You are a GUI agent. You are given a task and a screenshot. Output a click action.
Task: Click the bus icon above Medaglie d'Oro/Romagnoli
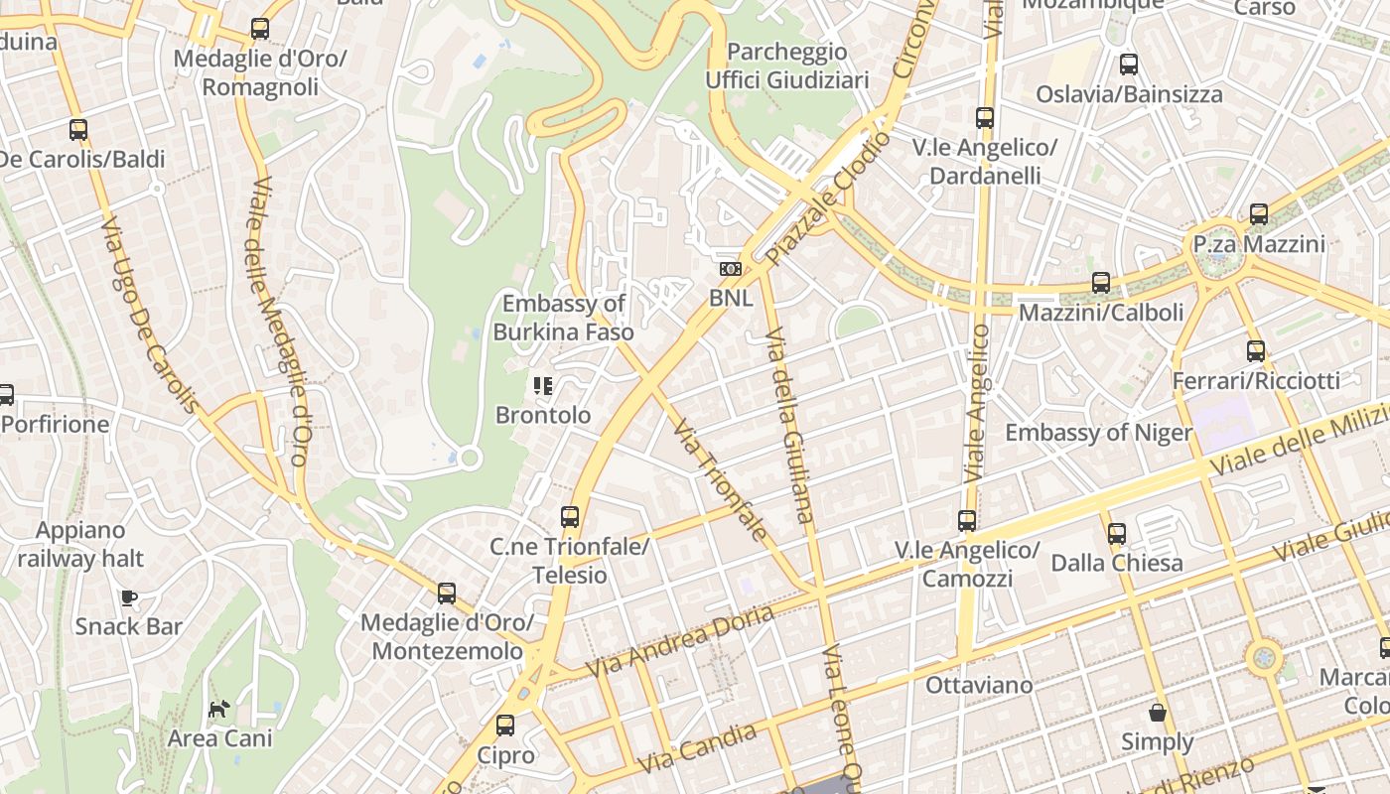coord(260,29)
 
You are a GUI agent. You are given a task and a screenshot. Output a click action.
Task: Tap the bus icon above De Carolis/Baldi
coord(78,130)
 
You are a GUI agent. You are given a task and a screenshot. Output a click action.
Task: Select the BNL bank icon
coord(731,269)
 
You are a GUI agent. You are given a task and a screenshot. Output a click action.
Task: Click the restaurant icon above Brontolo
coord(542,386)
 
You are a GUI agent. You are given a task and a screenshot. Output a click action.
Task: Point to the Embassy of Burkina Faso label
coord(563,318)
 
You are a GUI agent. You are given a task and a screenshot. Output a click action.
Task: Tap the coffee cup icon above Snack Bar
coord(128,597)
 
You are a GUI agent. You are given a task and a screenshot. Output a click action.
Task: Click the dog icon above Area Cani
coord(219,709)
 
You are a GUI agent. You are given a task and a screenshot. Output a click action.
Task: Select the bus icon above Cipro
coord(505,726)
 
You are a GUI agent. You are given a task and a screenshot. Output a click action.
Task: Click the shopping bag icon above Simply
coord(1157,713)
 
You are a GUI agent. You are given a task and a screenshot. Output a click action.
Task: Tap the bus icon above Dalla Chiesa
coord(1117,534)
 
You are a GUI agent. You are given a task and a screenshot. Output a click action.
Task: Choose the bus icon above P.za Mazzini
coord(1259,214)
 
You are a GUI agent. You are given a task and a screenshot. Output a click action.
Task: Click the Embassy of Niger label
coord(1098,433)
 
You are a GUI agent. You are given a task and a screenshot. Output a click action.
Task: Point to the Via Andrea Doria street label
coord(680,642)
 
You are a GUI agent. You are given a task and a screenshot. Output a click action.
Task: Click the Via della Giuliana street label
coord(791,424)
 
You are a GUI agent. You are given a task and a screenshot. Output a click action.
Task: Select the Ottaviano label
coord(979,685)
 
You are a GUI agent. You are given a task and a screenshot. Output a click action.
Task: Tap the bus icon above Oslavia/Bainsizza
coord(1129,66)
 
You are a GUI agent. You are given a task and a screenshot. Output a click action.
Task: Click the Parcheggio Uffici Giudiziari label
coord(787,66)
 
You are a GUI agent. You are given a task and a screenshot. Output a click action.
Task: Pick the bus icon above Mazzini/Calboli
coord(1101,283)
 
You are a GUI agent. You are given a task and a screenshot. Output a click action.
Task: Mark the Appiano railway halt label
coord(79,544)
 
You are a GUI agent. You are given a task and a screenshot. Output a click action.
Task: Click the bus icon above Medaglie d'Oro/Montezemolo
coord(447,594)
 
